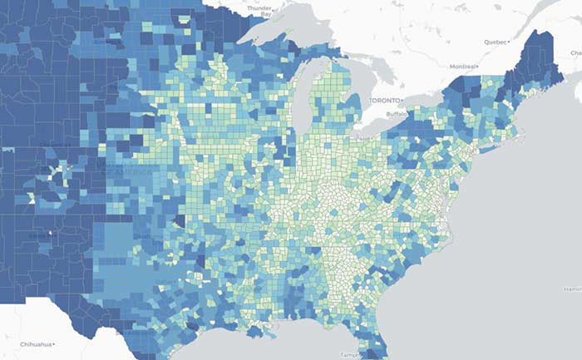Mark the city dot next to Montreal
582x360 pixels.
coord(479,67)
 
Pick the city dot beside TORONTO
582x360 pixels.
coord(363,100)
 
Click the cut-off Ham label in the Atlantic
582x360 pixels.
coord(573,288)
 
